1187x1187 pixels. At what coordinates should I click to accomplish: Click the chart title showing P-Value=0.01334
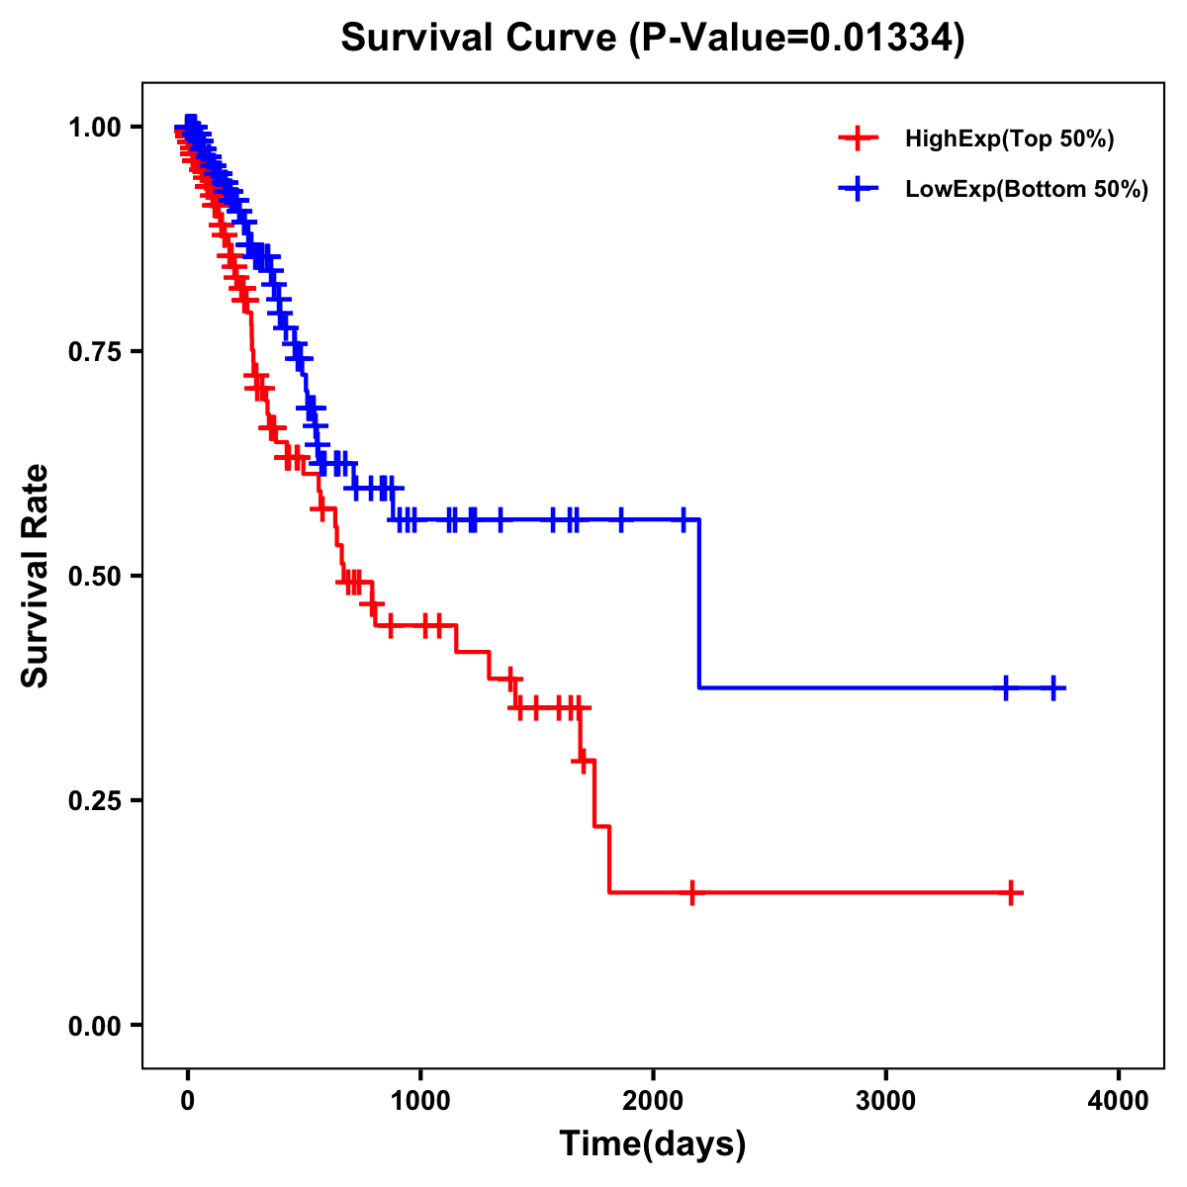652,39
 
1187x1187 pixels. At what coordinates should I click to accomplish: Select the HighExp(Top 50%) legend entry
1009,139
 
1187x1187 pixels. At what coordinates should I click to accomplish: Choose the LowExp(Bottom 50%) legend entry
1027,189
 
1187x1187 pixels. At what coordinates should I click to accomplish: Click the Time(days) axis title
652,1144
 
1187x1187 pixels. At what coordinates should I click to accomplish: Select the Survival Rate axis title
36,575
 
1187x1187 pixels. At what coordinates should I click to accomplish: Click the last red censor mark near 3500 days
1010,892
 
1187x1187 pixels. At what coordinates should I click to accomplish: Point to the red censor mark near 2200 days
691,892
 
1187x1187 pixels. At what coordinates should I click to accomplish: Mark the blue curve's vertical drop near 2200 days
699,603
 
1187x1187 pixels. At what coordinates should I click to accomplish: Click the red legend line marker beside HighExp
858,139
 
